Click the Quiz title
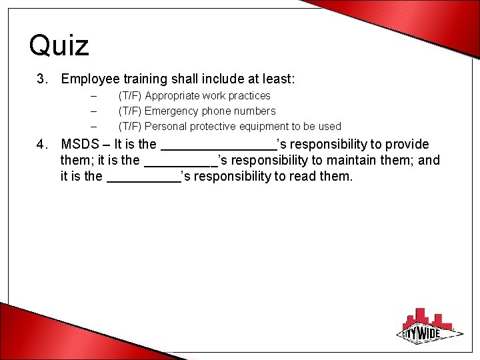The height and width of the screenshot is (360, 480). point(59,45)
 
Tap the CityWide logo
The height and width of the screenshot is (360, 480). point(430,326)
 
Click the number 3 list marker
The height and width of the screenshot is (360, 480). point(42,79)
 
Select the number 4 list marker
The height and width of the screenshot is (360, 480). point(42,145)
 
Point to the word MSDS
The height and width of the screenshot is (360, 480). point(78,145)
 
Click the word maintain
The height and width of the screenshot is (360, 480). point(349,161)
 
